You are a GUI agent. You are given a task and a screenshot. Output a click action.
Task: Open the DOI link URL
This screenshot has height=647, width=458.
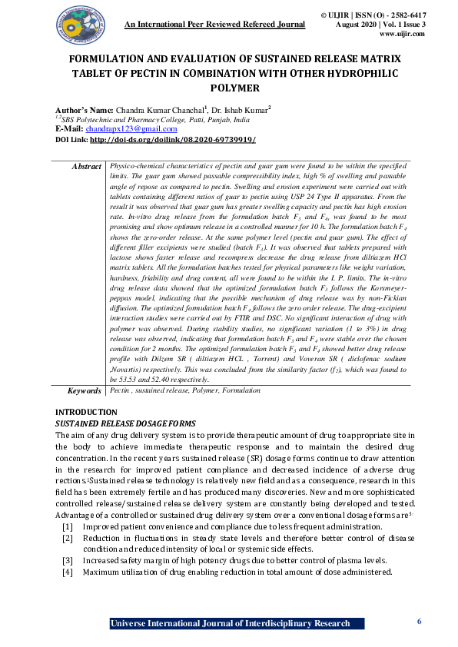coord(172,141)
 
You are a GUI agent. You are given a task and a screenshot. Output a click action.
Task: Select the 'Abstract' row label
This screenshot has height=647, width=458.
coord(86,166)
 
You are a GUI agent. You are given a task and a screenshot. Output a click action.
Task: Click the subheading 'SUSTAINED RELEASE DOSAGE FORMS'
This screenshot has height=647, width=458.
coord(125,423)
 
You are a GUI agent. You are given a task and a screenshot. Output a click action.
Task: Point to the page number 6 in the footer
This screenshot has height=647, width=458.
coord(419,621)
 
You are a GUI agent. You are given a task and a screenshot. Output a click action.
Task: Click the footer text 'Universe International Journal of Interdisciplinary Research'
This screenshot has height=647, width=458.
coord(230,623)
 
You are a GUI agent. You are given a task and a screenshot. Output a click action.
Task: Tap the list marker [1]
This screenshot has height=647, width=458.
coord(68,526)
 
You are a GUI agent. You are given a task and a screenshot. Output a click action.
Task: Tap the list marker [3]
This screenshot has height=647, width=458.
coord(68,561)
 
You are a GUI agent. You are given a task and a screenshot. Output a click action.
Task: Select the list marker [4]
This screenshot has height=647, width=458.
coord(68,572)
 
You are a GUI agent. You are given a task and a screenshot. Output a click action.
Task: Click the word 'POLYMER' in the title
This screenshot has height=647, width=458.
coord(230,88)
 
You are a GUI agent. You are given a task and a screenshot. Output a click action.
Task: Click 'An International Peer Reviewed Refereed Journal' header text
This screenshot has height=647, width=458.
coord(215,25)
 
